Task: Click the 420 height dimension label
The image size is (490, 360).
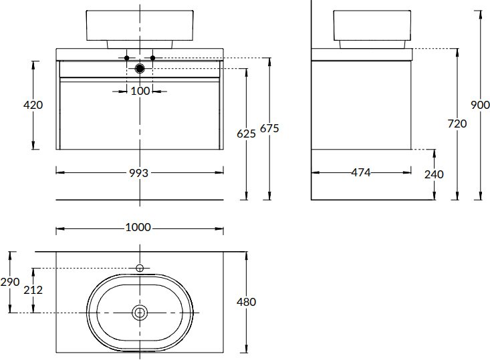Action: pos(33,105)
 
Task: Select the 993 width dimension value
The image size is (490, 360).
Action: pos(139,173)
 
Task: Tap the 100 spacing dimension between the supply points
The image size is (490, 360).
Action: pos(140,92)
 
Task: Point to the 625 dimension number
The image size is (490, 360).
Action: pos(246,134)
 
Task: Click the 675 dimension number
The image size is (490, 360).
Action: pos(269,128)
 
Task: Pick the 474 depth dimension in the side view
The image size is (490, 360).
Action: pos(361,172)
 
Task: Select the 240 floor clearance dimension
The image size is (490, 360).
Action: pos(434,174)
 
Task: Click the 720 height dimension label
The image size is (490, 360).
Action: pos(457,124)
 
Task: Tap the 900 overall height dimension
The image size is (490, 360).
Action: pos(481,105)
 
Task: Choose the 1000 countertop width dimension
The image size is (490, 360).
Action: pos(138,227)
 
